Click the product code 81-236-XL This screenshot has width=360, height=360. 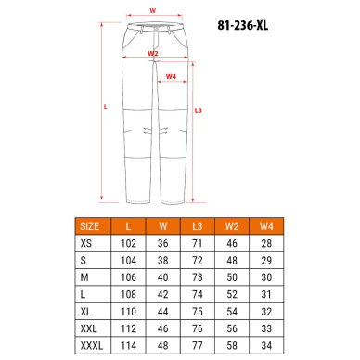(243, 25)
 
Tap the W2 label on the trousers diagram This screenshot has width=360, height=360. (153, 53)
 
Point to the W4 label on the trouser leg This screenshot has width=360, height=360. (171, 76)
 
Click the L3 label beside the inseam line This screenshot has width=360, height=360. (199, 110)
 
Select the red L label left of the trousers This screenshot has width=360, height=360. (106, 107)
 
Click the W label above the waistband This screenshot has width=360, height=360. (153, 11)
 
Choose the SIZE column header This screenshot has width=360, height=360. (90, 226)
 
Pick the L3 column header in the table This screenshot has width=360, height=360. (198, 226)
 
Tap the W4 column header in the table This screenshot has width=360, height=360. (266, 226)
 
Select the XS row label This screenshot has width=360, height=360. (86, 243)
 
